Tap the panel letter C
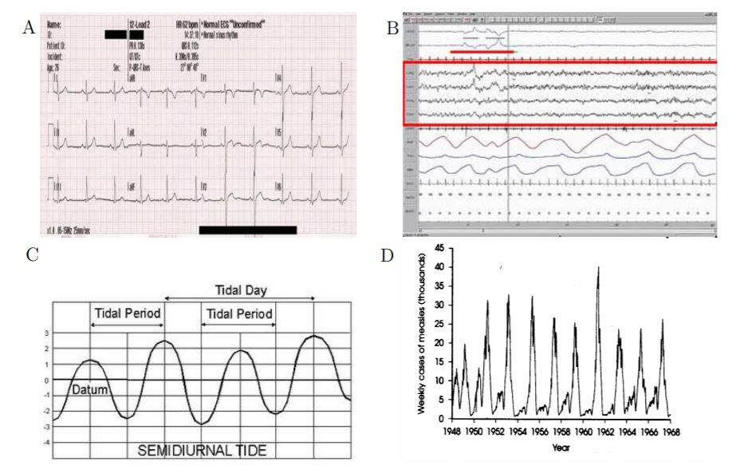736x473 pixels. [x=32, y=256]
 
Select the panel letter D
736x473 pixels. [x=388, y=256]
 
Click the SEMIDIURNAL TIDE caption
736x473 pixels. [x=203, y=450]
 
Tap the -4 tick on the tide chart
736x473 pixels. [x=46, y=441]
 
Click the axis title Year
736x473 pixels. [x=561, y=447]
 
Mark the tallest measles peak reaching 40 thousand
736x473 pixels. [x=597, y=269]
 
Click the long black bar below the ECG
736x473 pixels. [x=247, y=230]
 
